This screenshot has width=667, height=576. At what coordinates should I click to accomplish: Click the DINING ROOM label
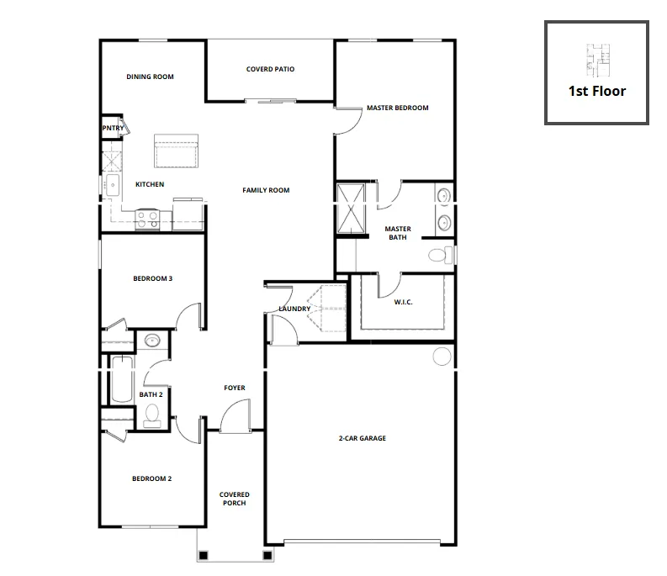150,77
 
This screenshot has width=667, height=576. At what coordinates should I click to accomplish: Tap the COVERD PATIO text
270,69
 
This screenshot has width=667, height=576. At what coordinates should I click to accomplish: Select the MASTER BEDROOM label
397,108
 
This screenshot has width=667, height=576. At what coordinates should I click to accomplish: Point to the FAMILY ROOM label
266,190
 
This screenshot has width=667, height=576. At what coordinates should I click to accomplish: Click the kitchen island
176,151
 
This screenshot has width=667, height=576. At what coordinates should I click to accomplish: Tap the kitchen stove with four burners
147,219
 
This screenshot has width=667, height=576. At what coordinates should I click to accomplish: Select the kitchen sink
113,186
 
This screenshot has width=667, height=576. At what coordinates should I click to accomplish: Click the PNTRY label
113,128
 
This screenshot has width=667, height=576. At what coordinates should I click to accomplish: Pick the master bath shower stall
351,209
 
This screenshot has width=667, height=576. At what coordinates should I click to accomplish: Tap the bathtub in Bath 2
122,379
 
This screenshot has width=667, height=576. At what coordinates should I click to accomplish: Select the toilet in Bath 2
152,415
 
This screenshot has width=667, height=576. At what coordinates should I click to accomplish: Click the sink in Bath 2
152,341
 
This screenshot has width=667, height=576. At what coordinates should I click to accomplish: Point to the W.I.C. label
403,302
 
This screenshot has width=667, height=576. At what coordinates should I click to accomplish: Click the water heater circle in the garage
442,357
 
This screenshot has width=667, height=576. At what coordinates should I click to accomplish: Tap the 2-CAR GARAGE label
362,438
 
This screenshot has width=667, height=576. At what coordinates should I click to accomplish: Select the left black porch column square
204,555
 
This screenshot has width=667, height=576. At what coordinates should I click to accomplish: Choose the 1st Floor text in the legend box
597,91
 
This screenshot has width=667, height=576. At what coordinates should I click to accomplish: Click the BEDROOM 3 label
153,278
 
